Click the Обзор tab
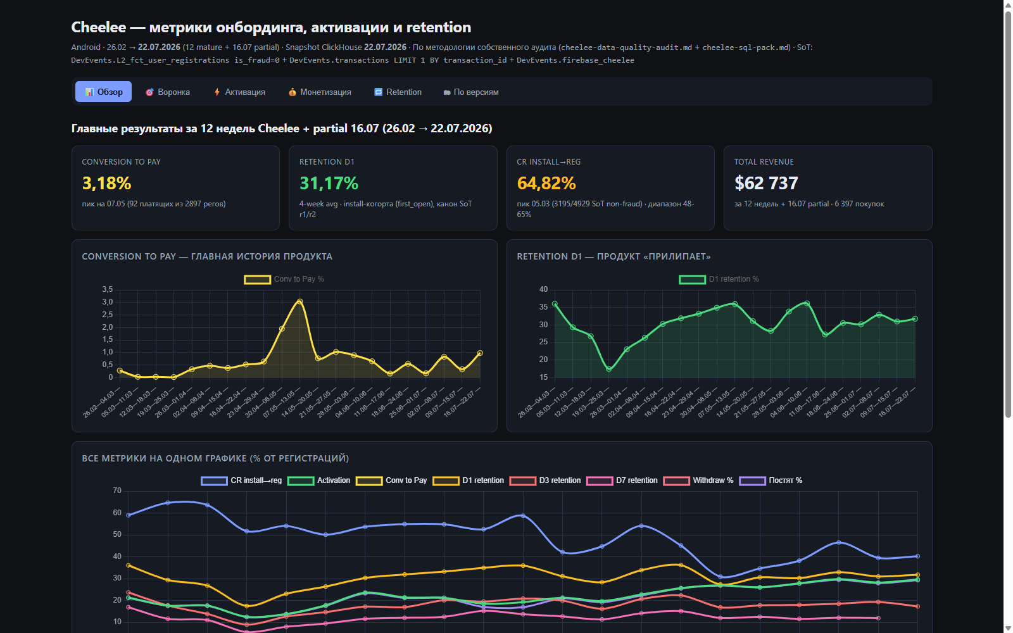[103, 92]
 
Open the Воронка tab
[168, 92]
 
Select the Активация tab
[239, 92]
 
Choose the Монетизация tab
[320, 92]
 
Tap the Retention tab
[398, 92]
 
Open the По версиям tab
[471, 92]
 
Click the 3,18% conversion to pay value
[107, 183]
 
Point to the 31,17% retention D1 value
[329, 183]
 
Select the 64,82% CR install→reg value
[546, 183]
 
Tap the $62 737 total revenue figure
[766, 183]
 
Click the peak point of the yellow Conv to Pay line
[300, 301]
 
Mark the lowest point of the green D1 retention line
[608, 369]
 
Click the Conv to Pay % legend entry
[284, 279]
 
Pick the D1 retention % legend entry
[719, 279]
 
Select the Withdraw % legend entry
[698, 480]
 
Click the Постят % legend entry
[771, 480]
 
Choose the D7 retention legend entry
[622, 480]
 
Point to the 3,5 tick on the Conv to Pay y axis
[107, 289]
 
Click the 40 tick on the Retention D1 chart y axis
[543, 289]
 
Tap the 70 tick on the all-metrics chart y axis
[117, 491]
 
